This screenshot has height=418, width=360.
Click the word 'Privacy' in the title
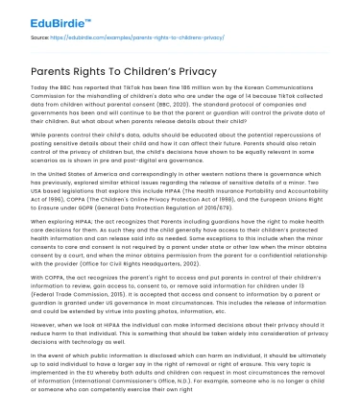[x=182, y=69]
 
